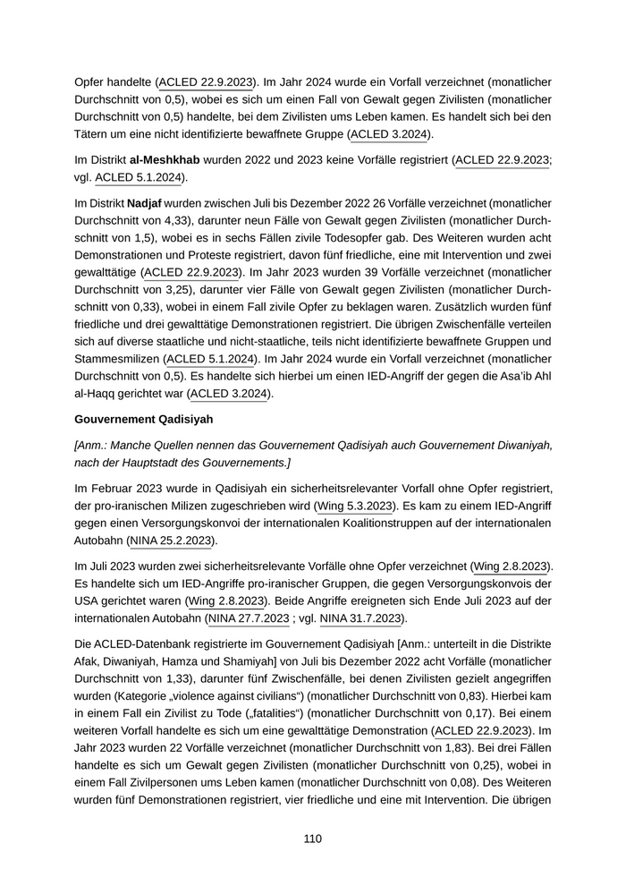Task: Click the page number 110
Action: pyautogui.click(x=312, y=839)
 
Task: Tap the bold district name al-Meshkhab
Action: pyautogui.click(x=165, y=159)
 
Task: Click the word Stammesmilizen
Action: pyautogui.click(x=116, y=358)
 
